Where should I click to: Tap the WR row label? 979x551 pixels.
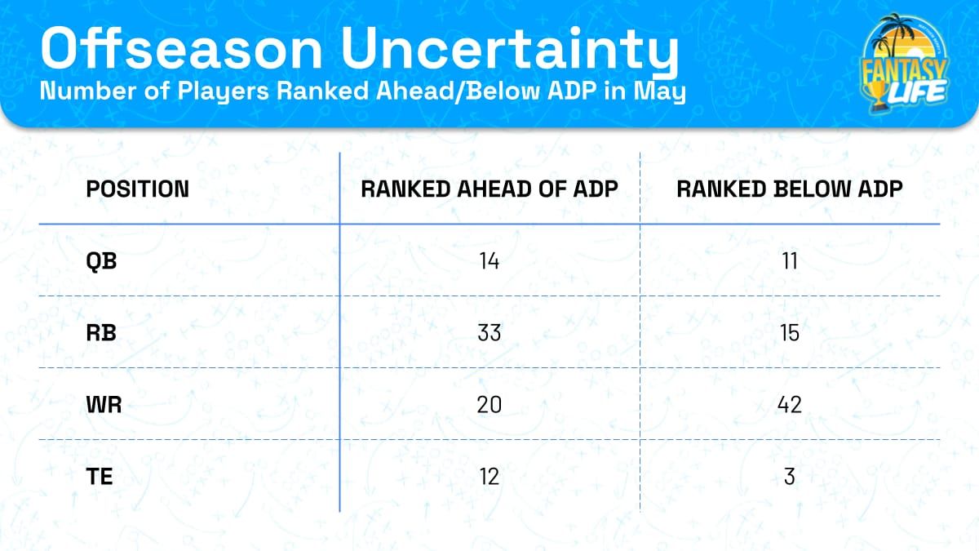tap(104, 404)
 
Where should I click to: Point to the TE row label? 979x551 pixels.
tap(100, 476)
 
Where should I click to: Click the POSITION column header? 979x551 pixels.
tap(137, 189)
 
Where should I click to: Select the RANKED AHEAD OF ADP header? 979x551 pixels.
tap(489, 189)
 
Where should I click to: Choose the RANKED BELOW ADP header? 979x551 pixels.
tap(789, 189)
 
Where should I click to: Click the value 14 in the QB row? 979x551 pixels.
tap(489, 261)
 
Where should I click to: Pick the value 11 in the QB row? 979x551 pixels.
tap(789, 261)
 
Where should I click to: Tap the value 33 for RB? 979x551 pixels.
tap(489, 333)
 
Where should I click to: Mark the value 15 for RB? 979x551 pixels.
tap(789, 333)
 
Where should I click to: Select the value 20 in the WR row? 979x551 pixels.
tap(489, 404)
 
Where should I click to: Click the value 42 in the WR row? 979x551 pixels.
tap(789, 404)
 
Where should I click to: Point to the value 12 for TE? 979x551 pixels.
tap(489, 476)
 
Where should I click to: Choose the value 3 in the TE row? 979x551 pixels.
tap(789, 476)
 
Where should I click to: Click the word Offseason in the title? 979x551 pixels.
tap(184, 49)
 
